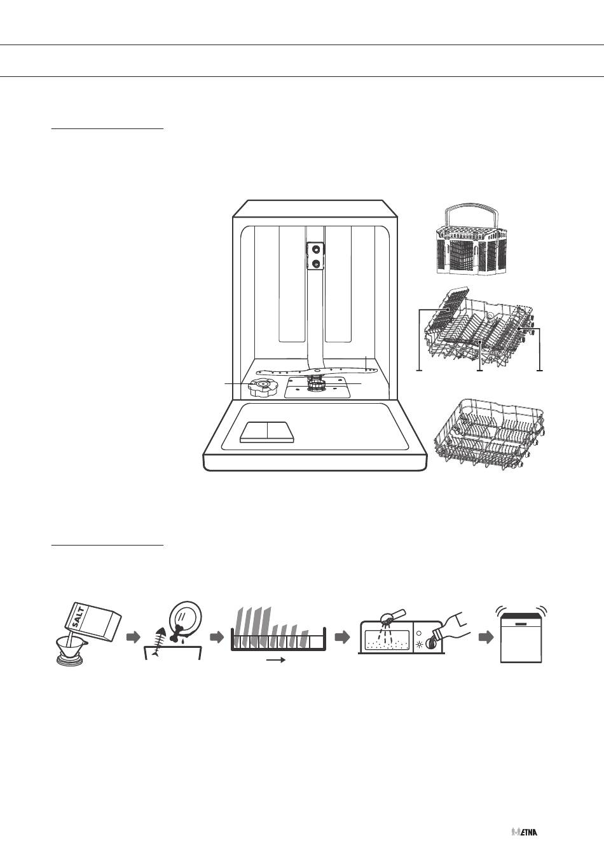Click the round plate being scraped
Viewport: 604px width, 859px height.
[x=185, y=616]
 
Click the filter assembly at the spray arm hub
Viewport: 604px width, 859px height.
[x=315, y=385]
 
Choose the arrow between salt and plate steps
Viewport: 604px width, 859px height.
[x=133, y=638]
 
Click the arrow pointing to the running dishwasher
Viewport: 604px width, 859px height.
[x=486, y=638]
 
